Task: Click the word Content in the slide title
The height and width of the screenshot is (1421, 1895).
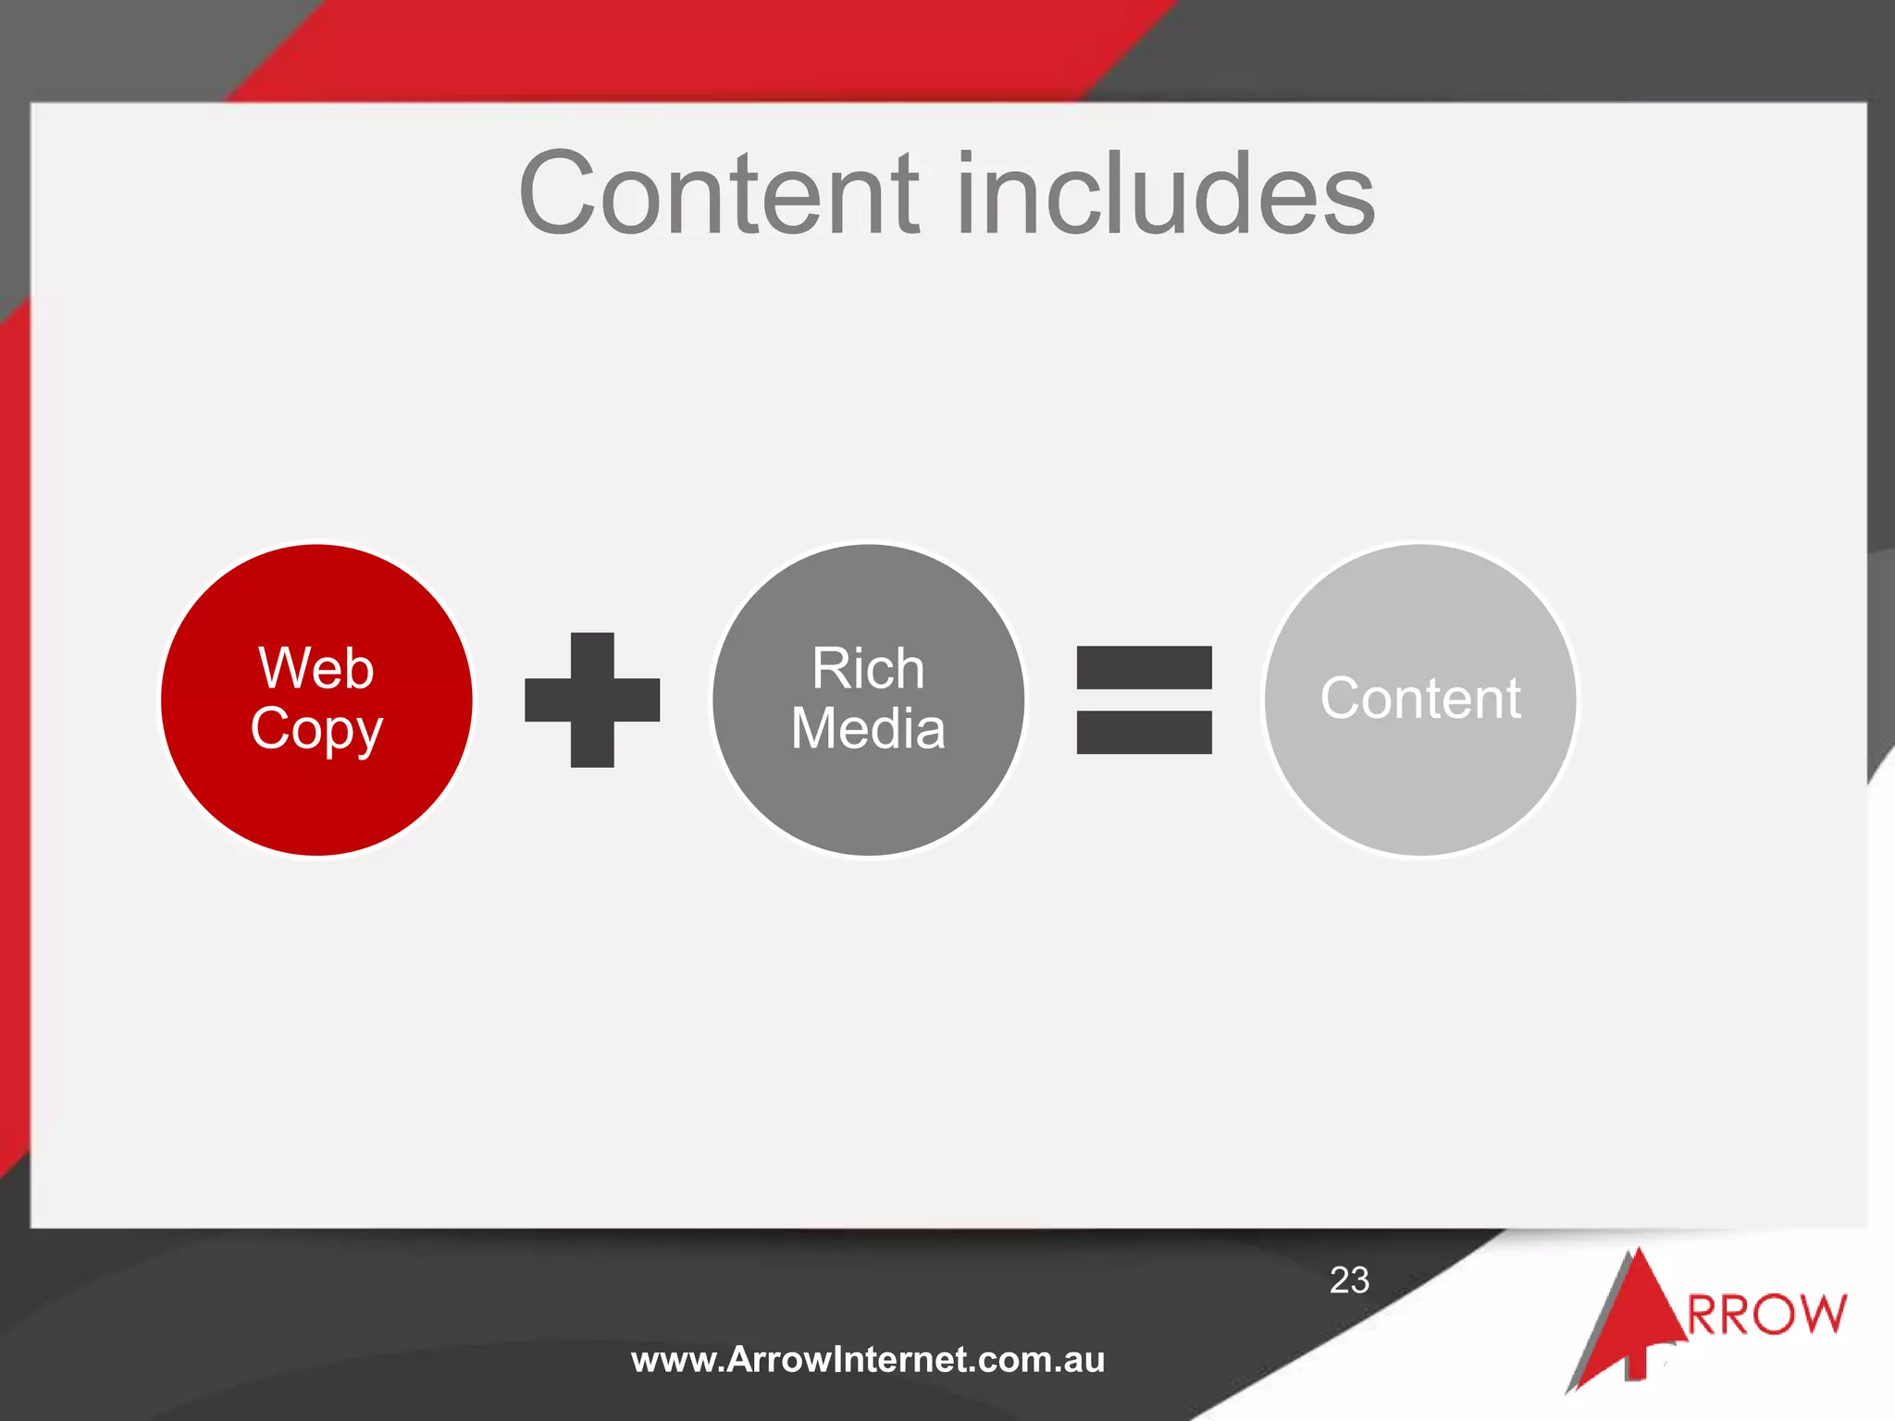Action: tap(720, 194)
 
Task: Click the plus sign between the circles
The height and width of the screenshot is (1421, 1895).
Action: tap(592, 700)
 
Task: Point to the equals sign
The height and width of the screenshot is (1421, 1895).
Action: tap(1144, 700)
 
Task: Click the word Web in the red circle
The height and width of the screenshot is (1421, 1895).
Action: tap(316, 668)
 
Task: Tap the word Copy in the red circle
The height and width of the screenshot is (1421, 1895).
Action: tap(316, 729)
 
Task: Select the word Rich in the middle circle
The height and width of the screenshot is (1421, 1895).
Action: tap(868, 668)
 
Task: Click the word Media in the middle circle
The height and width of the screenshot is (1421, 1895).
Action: tap(868, 728)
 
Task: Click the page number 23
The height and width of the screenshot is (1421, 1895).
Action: tap(1349, 1280)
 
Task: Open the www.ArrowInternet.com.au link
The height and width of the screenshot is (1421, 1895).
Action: tap(868, 1360)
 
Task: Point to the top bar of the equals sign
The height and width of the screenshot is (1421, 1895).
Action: tap(1144, 668)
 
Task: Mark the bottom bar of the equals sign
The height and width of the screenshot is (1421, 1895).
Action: tap(1144, 732)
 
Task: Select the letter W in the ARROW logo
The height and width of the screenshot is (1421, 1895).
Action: tap(1819, 1315)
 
